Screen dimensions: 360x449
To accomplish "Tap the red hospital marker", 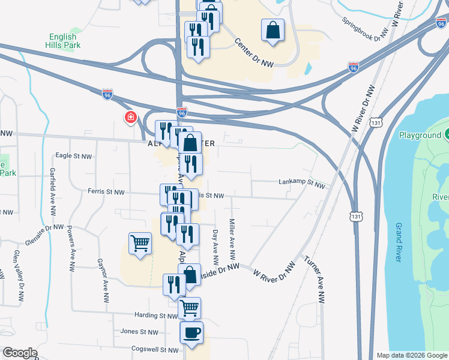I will (x=130, y=117).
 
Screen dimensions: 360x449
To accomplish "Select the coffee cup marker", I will (x=191, y=332).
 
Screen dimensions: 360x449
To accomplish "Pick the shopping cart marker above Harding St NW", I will (x=190, y=308).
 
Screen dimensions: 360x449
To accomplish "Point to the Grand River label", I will (x=398, y=242).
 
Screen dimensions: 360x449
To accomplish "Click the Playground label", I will (x=420, y=135).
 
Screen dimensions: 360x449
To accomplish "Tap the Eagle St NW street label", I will (x=73, y=156).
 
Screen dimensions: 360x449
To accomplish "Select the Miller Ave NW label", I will (x=232, y=238).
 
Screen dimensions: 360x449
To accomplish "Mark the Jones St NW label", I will (x=139, y=331).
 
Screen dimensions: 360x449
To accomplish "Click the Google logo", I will (x=20, y=353).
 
